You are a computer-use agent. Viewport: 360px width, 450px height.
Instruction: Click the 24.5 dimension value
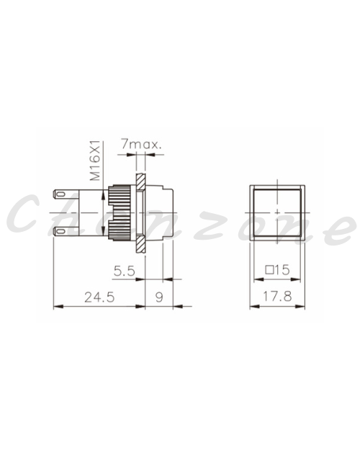coord(99,297)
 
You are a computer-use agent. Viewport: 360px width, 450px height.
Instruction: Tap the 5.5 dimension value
coord(124,271)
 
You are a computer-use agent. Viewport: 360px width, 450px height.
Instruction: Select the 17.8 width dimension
coord(277,296)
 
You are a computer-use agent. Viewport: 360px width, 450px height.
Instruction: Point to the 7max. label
coord(141,144)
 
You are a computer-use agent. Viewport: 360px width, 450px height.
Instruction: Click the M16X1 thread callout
coord(95,161)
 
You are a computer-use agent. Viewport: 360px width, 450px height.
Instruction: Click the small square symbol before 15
coord(269,270)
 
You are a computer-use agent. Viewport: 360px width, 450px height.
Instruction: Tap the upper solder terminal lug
coord(66,194)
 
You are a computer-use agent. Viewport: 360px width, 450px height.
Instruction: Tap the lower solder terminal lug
coord(66,231)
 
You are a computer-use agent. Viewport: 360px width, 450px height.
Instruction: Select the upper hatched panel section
coord(140,182)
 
